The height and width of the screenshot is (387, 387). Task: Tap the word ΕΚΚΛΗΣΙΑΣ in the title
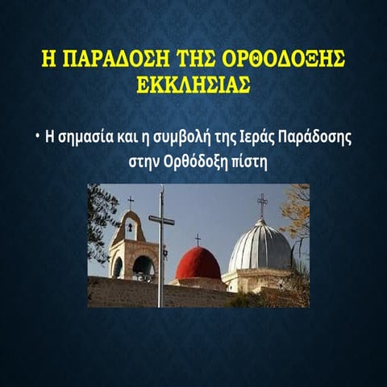tap(193, 84)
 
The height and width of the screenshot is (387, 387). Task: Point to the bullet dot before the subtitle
tap(37, 135)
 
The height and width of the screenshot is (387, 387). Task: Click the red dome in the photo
tap(198, 264)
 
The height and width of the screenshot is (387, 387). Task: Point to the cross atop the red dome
tap(198, 239)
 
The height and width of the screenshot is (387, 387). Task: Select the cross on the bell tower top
tap(130, 202)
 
